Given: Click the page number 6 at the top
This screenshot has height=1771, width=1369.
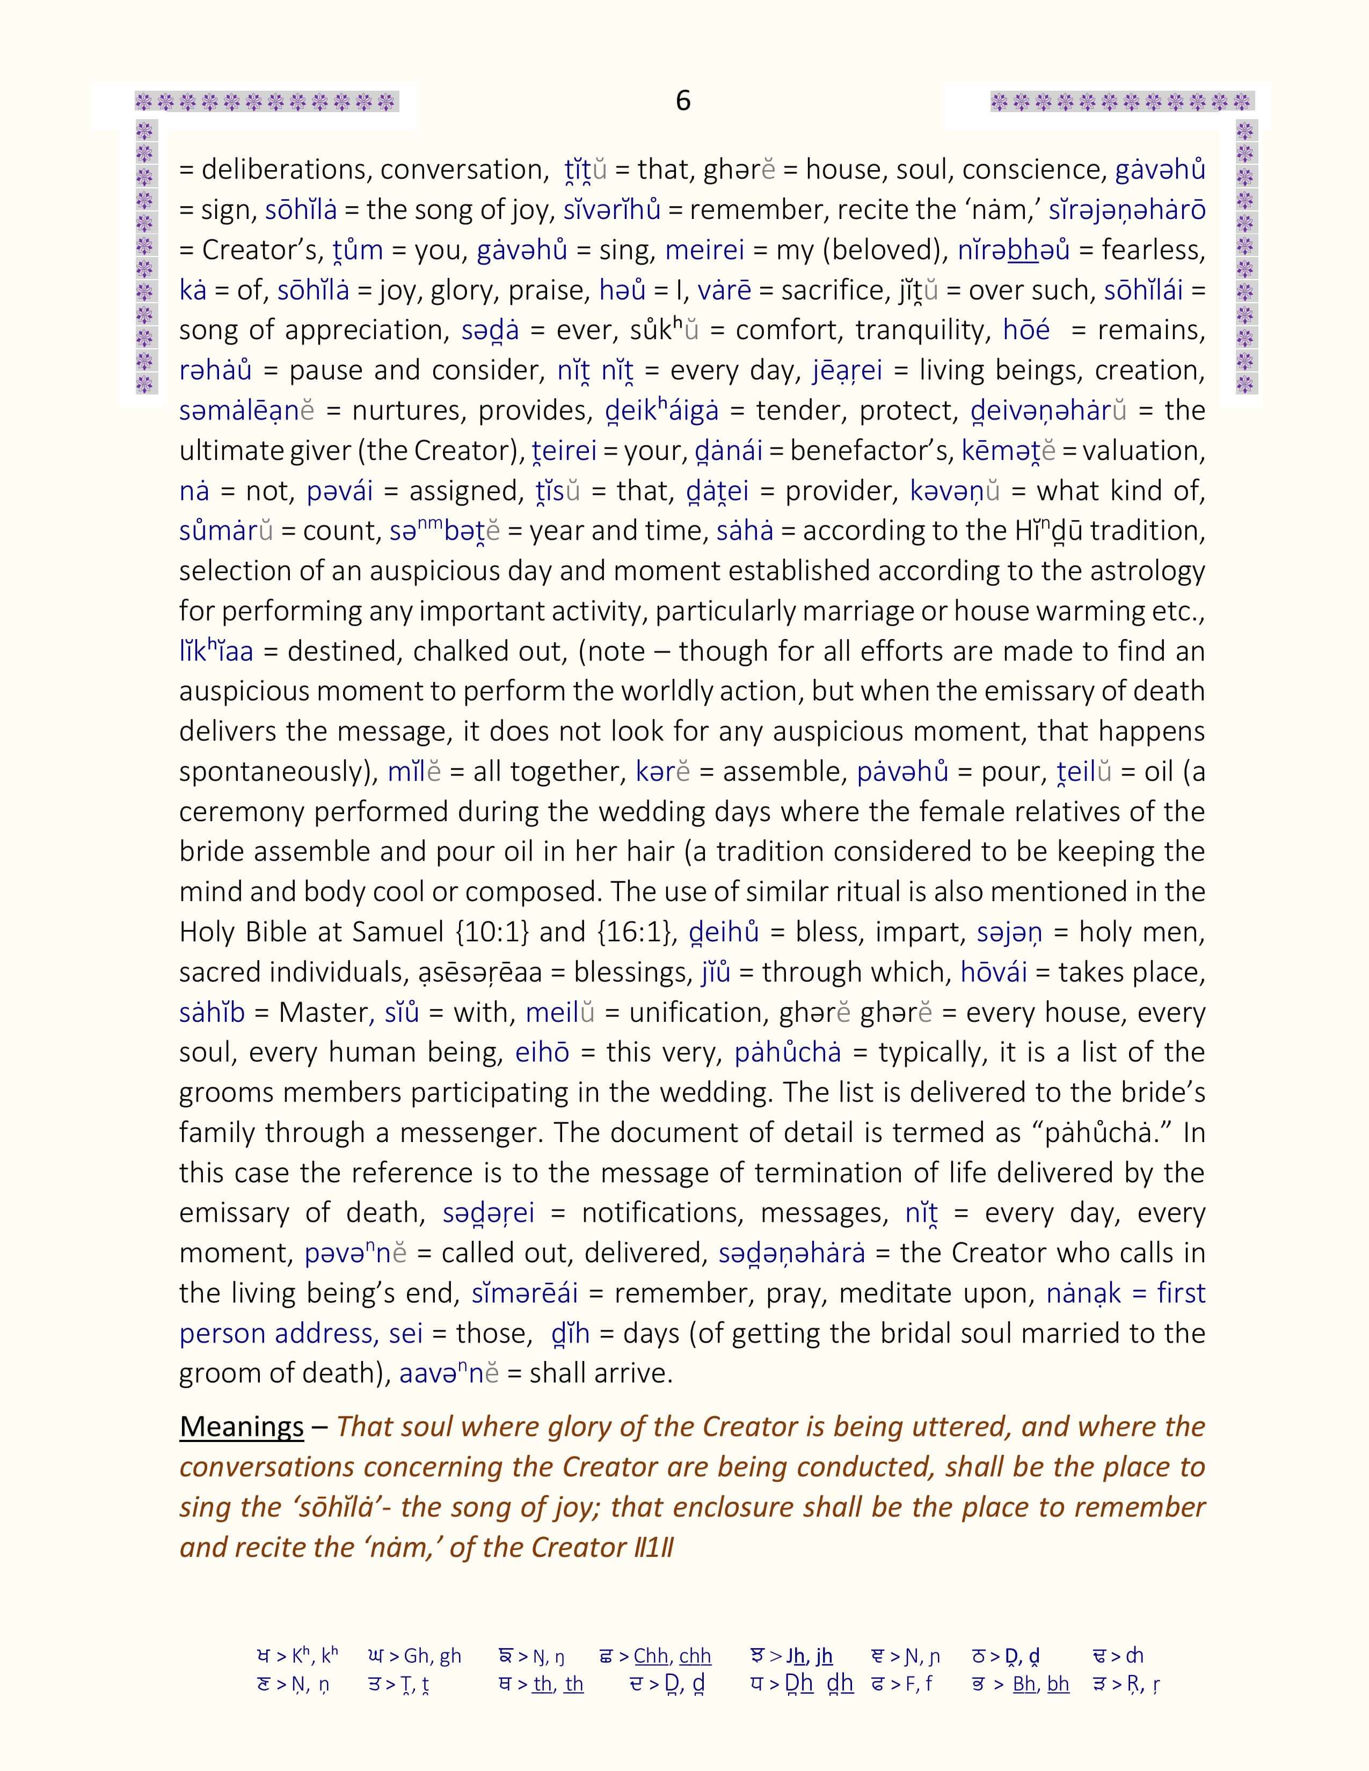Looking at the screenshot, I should click(683, 100).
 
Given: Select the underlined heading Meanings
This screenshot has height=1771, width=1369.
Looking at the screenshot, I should click(242, 1426).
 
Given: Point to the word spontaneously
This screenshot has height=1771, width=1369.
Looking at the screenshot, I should click(276, 771).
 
